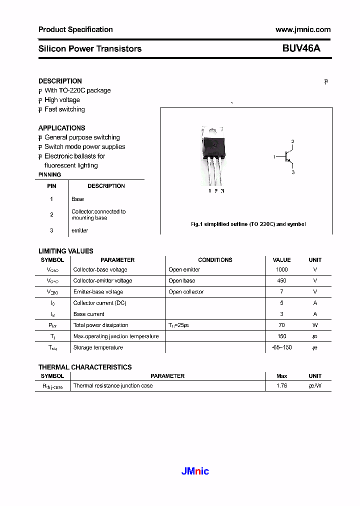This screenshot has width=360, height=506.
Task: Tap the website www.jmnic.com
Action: pos(303,29)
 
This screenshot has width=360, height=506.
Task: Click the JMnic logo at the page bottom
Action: pos(194,471)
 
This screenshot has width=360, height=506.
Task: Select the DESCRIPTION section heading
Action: pos(60,81)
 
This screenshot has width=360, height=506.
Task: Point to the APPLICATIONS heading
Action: pos(61,128)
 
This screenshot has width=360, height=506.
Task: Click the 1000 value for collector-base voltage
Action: pos(281,269)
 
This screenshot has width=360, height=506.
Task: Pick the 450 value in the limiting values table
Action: pos(281,280)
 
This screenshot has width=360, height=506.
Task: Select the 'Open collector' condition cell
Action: pos(186,292)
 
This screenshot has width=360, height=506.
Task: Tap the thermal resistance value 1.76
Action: pos(281,385)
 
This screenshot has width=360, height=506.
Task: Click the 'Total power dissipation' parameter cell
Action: pos(100,325)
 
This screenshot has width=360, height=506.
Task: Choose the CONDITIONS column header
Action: pos(215,260)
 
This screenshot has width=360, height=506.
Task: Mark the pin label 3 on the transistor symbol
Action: pos(293,172)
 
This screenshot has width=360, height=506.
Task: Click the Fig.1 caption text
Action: pos(248,224)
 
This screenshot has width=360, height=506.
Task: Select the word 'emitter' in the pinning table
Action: pos(79,230)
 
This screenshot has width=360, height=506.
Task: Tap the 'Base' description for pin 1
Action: pos(77,199)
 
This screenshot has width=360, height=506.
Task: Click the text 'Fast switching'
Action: pos(64,109)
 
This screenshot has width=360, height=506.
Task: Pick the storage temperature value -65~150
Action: pos(281,347)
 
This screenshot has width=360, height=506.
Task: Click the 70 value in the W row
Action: pos(281,325)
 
